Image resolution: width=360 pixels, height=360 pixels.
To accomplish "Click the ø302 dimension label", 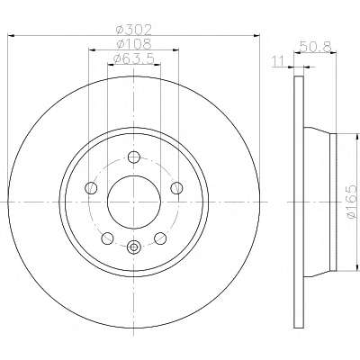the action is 134,30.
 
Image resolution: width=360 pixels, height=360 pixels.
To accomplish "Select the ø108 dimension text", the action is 134,44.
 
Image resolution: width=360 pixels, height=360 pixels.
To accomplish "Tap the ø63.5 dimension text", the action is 134,58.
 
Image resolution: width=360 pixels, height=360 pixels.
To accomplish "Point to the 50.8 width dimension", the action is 315,47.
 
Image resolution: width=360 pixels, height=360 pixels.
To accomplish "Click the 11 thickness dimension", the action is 278,61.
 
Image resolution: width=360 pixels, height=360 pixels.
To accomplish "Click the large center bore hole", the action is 134,202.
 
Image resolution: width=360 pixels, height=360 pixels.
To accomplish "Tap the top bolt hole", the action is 134,157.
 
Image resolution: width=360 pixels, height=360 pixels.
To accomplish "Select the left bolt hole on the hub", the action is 91,188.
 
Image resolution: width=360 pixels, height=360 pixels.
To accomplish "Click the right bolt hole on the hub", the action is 176,188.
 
